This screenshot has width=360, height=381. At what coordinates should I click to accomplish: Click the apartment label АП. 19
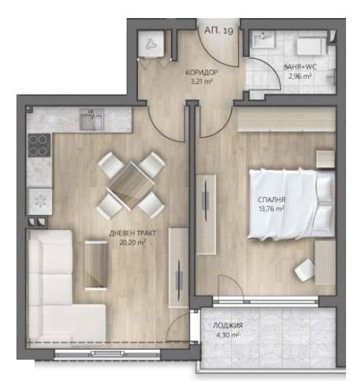coord(219,30)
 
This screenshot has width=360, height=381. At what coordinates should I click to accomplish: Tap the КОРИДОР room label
coord(201,72)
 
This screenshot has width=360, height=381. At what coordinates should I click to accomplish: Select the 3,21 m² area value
coord(203,81)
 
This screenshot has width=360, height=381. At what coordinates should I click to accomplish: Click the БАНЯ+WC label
coord(300,67)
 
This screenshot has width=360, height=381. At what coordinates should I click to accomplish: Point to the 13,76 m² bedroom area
coord(271,209)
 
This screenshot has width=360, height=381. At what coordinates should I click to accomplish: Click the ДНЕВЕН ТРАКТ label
coord(132,233)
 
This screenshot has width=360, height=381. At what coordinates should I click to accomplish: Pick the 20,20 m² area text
coord(132,242)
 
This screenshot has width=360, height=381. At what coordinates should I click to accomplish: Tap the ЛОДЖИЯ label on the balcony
coord(228,326)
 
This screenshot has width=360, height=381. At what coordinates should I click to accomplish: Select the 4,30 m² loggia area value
coord(228,334)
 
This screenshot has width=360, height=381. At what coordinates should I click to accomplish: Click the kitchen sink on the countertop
coord(92,121)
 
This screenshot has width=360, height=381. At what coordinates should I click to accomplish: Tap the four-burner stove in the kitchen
coord(39,145)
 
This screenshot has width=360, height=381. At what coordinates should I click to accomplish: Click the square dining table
coord(131,186)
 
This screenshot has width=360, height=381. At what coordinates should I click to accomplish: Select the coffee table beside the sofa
coord(96,264)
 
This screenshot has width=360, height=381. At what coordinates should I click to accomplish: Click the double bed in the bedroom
coord(292,204)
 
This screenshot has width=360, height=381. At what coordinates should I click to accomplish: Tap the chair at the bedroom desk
coord(304,270)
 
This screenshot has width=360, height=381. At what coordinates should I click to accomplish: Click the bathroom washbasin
coord(264,39)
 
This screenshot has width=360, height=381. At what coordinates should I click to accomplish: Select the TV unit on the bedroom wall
coord(206,214)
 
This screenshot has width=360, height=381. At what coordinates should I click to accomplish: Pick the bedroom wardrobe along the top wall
coord(287,119)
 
